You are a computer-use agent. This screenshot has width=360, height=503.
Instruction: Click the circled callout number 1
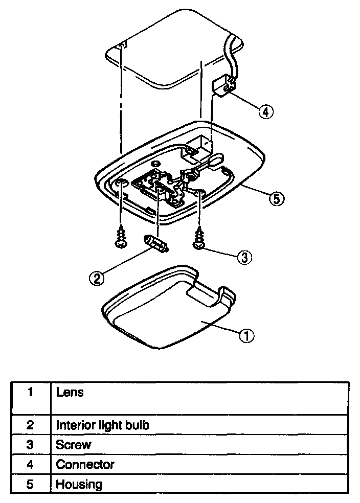[246, 336]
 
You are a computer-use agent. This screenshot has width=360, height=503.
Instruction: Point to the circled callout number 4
[265, 111]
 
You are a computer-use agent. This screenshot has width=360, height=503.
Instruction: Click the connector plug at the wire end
[222, 85]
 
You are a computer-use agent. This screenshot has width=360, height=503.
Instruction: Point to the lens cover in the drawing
[169, 312]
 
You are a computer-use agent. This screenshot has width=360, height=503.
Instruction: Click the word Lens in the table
[70, 393]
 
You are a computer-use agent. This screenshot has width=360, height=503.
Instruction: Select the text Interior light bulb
[102, 425]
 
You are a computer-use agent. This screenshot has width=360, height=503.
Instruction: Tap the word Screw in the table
[74, 445]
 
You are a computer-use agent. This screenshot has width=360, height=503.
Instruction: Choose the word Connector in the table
[85, 465]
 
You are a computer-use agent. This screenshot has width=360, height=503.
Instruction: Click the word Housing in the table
[79, 484]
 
